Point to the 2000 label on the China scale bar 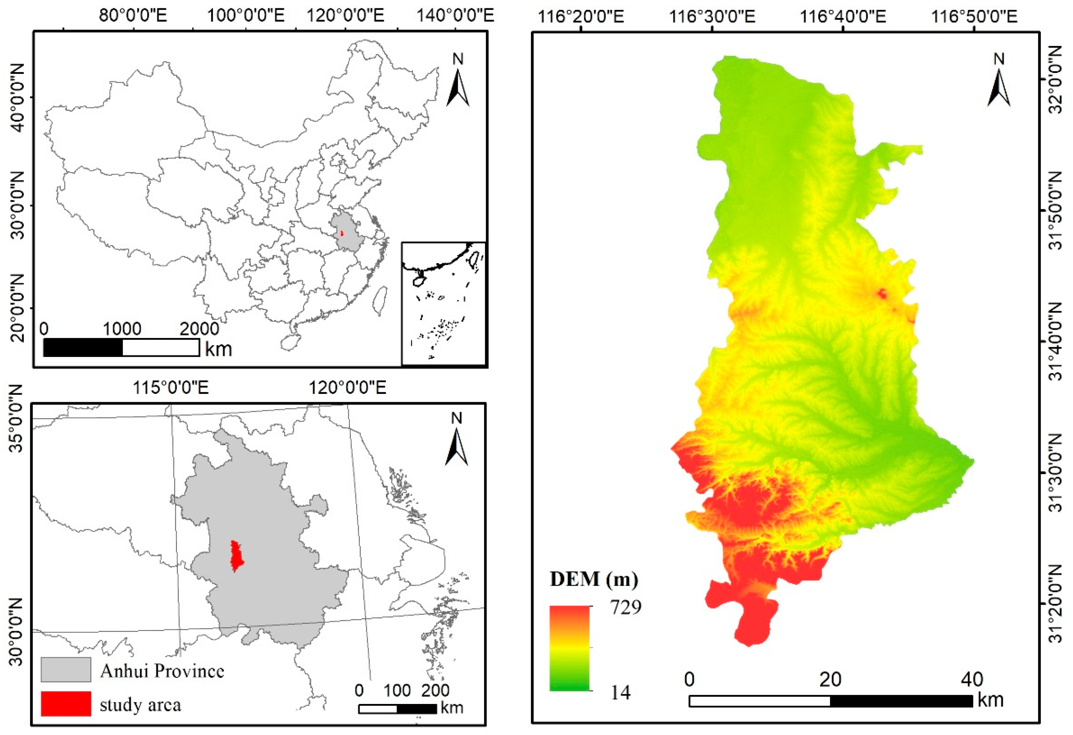199,329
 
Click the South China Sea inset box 443,303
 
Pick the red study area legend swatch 66,704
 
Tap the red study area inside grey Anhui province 236,557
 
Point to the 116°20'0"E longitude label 581,17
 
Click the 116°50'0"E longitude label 974,17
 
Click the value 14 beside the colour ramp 620,692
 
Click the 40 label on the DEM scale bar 972,679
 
